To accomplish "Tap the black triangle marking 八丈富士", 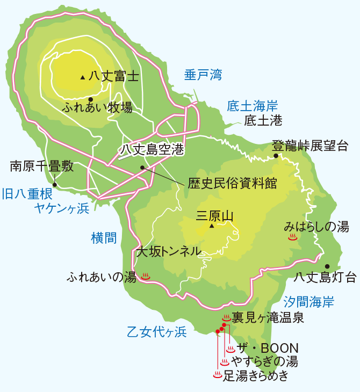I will (82, 77).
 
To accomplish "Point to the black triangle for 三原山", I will (212, 227).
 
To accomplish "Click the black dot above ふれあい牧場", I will (91, 99).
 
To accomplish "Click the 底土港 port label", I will (263, 121).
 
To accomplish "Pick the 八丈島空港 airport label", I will (151, 149).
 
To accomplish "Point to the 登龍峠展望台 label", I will (310, 146).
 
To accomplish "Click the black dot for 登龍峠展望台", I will (276, 156).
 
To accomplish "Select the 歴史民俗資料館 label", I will (233, 183).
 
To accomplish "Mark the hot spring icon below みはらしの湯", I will (293, 237).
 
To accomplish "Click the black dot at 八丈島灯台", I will (327, 266).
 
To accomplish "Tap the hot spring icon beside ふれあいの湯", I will (145, 277).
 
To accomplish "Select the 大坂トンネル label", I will (168, 251).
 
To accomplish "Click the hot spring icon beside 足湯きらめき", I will (217, 375).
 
